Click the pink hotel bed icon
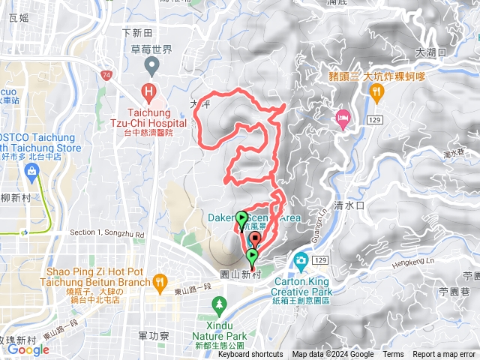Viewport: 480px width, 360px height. tap(343, 117)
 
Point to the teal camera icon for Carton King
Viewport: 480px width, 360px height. tap(301, 261)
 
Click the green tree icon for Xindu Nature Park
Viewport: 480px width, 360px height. tap(219, 304)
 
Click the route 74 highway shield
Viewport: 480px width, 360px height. tap(108, 76)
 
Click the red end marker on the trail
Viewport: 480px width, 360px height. tap(255, 239)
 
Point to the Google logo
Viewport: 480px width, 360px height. tap(28, 349)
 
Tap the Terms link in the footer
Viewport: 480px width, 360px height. tap(393, 355)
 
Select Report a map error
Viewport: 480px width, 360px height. tap(444, 355)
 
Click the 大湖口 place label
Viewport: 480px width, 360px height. tap(430, 52)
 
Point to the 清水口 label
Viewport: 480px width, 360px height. tap(349, 204)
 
